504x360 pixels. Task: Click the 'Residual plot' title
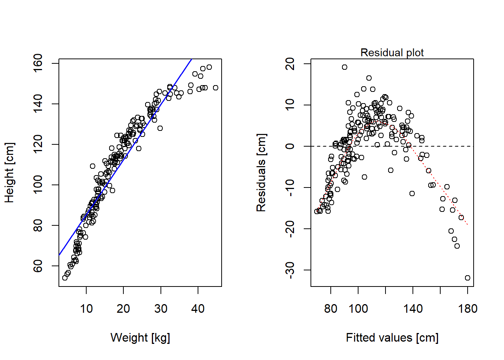392,52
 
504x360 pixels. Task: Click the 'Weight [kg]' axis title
140,337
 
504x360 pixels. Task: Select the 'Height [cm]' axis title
10,172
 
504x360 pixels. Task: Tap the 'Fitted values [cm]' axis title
392,337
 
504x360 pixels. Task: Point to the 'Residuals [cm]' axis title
261,172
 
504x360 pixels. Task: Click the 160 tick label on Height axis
38,63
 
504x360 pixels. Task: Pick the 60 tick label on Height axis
38,266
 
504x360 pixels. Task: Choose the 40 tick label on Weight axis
198,309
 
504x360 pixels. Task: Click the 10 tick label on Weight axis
86,309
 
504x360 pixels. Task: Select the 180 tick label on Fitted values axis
468,309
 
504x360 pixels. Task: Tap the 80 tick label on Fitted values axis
331,309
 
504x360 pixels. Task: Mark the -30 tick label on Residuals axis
290,270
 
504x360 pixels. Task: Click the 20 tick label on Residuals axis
290,64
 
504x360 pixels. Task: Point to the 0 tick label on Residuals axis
290,146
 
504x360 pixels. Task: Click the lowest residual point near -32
468,278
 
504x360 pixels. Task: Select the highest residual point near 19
345,67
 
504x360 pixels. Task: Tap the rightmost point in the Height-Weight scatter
216,88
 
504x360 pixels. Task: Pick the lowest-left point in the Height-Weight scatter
65,278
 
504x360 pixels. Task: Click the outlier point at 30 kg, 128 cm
160,128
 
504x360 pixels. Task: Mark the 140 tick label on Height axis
38,104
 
